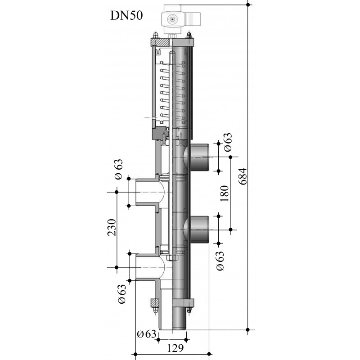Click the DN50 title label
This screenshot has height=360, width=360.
click(126, 16)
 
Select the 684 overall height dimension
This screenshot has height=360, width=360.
click(243, 176)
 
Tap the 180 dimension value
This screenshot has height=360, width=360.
click(225, 193)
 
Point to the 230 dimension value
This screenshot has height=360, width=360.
click(112, 228)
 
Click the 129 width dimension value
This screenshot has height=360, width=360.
click(175, 348)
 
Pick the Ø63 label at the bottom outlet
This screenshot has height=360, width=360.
click(147, 334)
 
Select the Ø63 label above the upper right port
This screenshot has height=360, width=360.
click(228, 142)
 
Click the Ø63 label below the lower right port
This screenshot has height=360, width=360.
click(220, 261)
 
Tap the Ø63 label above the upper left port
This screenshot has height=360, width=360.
click(119, 169)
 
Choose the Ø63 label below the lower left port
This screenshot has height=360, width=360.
click(122, 294)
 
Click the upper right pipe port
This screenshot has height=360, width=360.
click(199, 157)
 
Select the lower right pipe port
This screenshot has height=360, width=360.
click(199, 229)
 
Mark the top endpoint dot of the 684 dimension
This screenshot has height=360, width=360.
click(248, 4)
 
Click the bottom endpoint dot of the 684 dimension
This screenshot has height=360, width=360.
click(248, 330)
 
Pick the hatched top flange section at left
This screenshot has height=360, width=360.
click(160, 42)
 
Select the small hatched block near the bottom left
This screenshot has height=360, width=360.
click(154, 303)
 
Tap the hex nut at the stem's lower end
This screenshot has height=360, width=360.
click(172, 257)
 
